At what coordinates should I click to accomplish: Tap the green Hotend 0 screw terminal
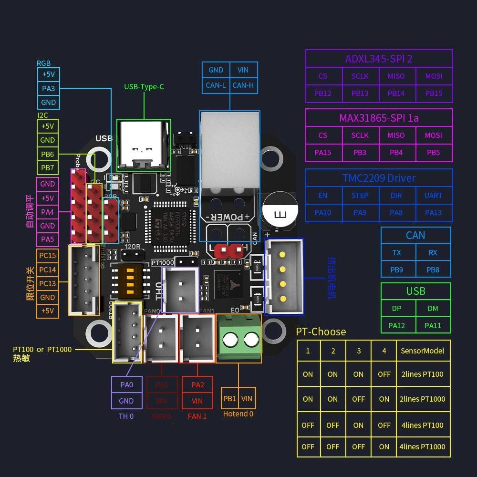(x=238, y=340)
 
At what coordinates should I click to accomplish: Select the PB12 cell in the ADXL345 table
(x=323, y=93)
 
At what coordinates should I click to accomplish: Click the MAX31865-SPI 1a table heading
(x=379, y=118)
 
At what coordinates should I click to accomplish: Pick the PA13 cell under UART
(x=433, y=213)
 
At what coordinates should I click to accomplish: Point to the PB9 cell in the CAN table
(x=397, y=270)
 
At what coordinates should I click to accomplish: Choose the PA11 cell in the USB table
(x=433, y=325)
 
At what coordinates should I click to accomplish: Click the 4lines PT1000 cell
(x=422, y=447)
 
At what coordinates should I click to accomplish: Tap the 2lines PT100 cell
(x=422, y=374)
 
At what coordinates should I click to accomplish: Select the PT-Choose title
(x=321, y=332)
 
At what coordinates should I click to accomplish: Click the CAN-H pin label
(x=243, y=85)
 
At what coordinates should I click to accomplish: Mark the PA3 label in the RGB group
(x=48, y=88)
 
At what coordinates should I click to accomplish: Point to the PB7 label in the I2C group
(x=47, y=168)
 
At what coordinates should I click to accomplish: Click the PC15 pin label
(x=47, y=255)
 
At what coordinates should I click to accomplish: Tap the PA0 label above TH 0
(x=126, y=384)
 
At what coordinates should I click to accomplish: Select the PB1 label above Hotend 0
(x=229, y=398)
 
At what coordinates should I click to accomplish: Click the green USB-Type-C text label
(x=144, y=86)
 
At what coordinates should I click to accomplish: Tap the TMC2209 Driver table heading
(x=379, y=178)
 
